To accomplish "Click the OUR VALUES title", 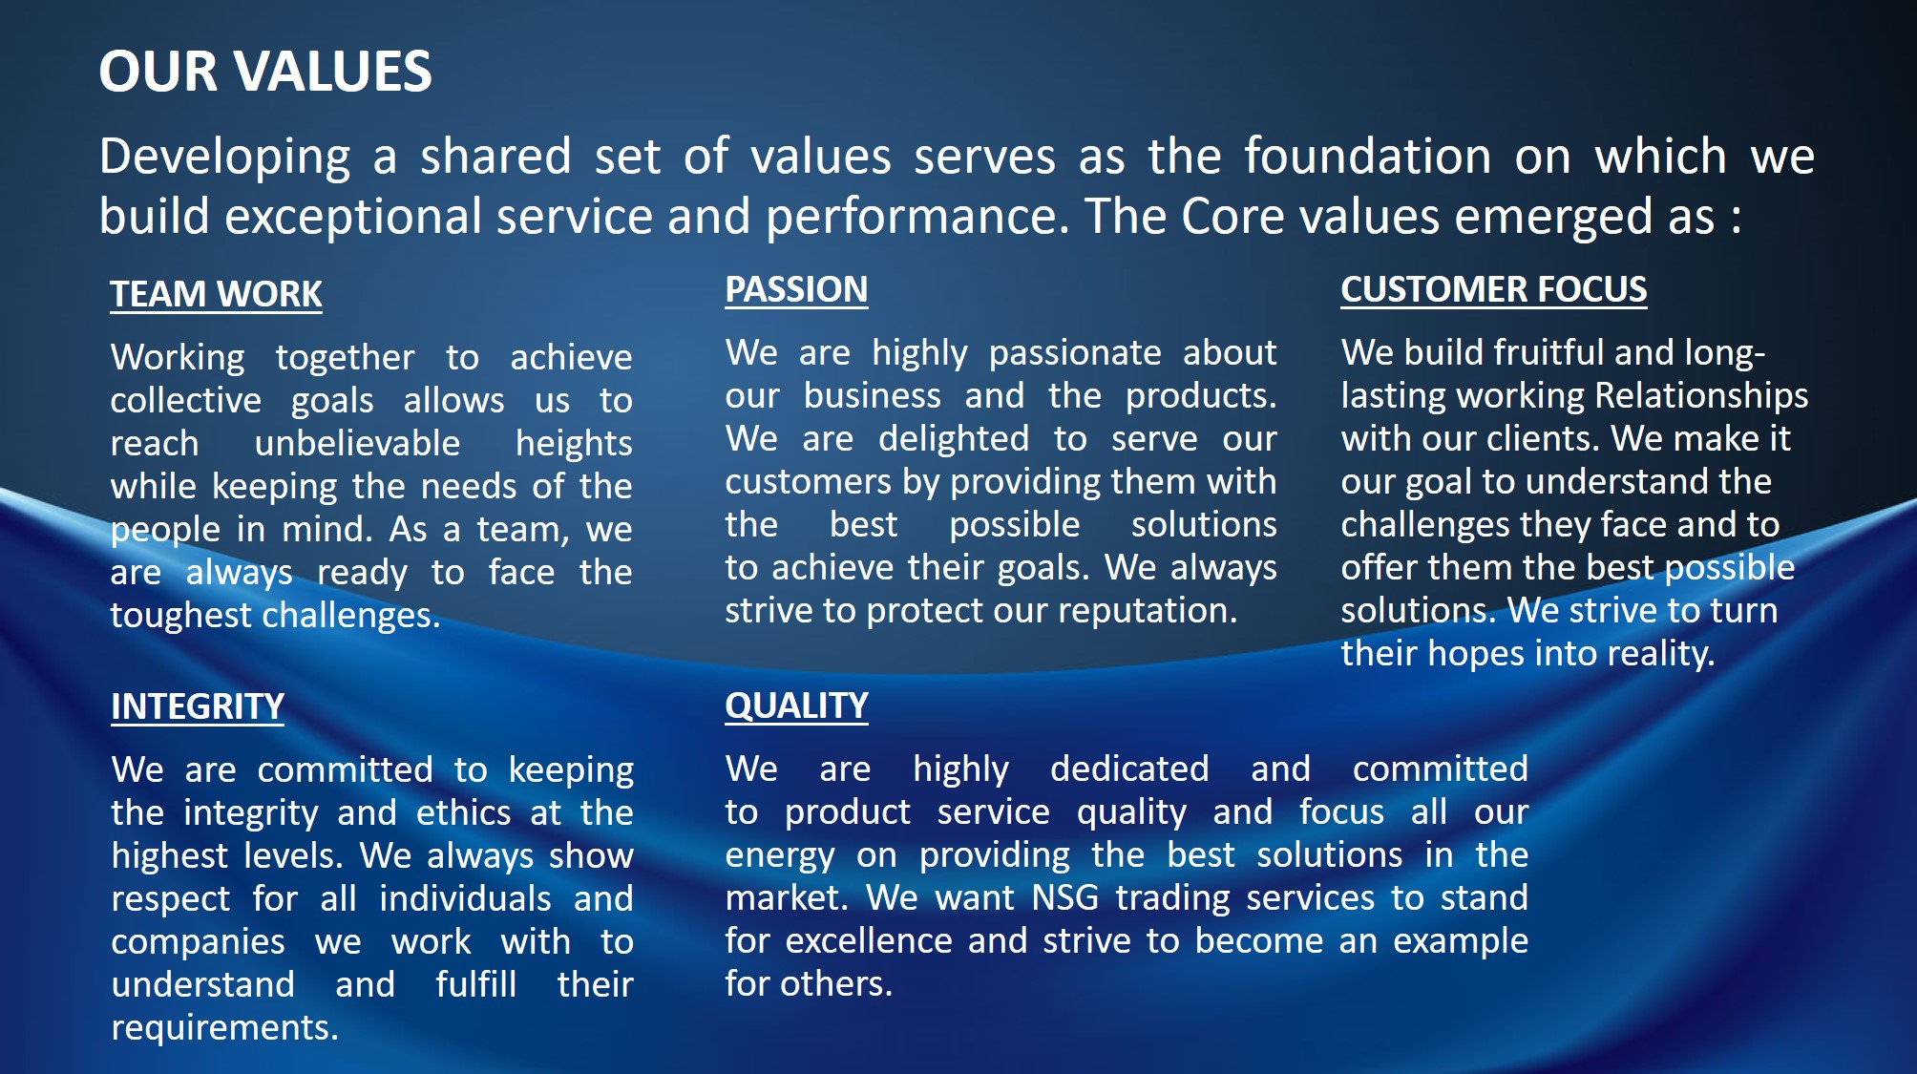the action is coord(265,72).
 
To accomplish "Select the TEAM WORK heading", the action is coord(216,294).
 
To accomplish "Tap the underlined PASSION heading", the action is coord(796,289).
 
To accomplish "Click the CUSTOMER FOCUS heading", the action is coord(1494,289).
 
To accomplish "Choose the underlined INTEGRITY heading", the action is coord(198,706).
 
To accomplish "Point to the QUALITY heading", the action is coord(796,705).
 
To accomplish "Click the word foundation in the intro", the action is coord(1367,156).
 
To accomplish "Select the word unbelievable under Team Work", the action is coord(357,444).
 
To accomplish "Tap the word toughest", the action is coord(180,616).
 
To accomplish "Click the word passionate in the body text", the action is coord(1075,353).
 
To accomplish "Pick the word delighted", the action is coord(954,439).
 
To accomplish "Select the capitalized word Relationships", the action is coord(1701,396).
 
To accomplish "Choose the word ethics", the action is coord(464,812).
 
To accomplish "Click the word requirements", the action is coord(224,1028).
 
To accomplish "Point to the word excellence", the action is coord(869,940).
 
